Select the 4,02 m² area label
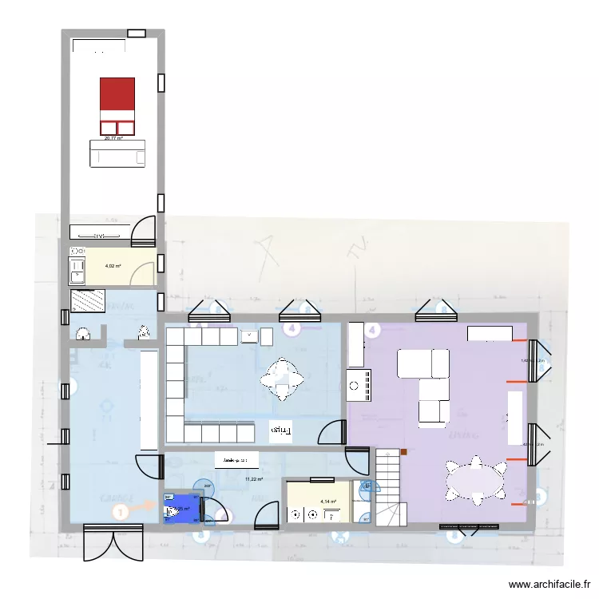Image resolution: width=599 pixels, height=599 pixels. tap(113, 267)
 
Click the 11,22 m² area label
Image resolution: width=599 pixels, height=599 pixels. tap(254, 479)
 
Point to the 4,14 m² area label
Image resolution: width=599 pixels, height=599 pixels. tap(329, 502)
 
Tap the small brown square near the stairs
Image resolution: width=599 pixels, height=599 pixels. tap(404, 452)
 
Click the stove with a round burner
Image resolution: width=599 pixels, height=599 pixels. tap(359, 385)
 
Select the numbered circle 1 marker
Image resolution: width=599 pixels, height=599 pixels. tap(120, 512)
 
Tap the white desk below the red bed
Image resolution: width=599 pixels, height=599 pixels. tap(118, 154)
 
